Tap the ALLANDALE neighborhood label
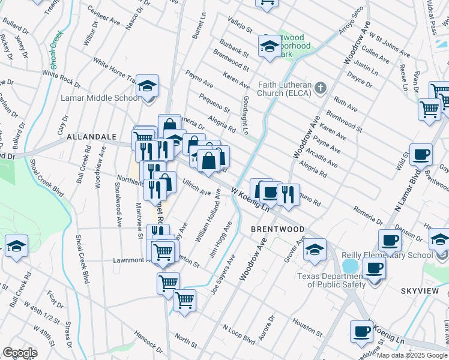pos(91,137)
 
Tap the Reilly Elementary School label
pos(387,255)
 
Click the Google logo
pos(19,353)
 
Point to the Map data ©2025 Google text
pos(411,355)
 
